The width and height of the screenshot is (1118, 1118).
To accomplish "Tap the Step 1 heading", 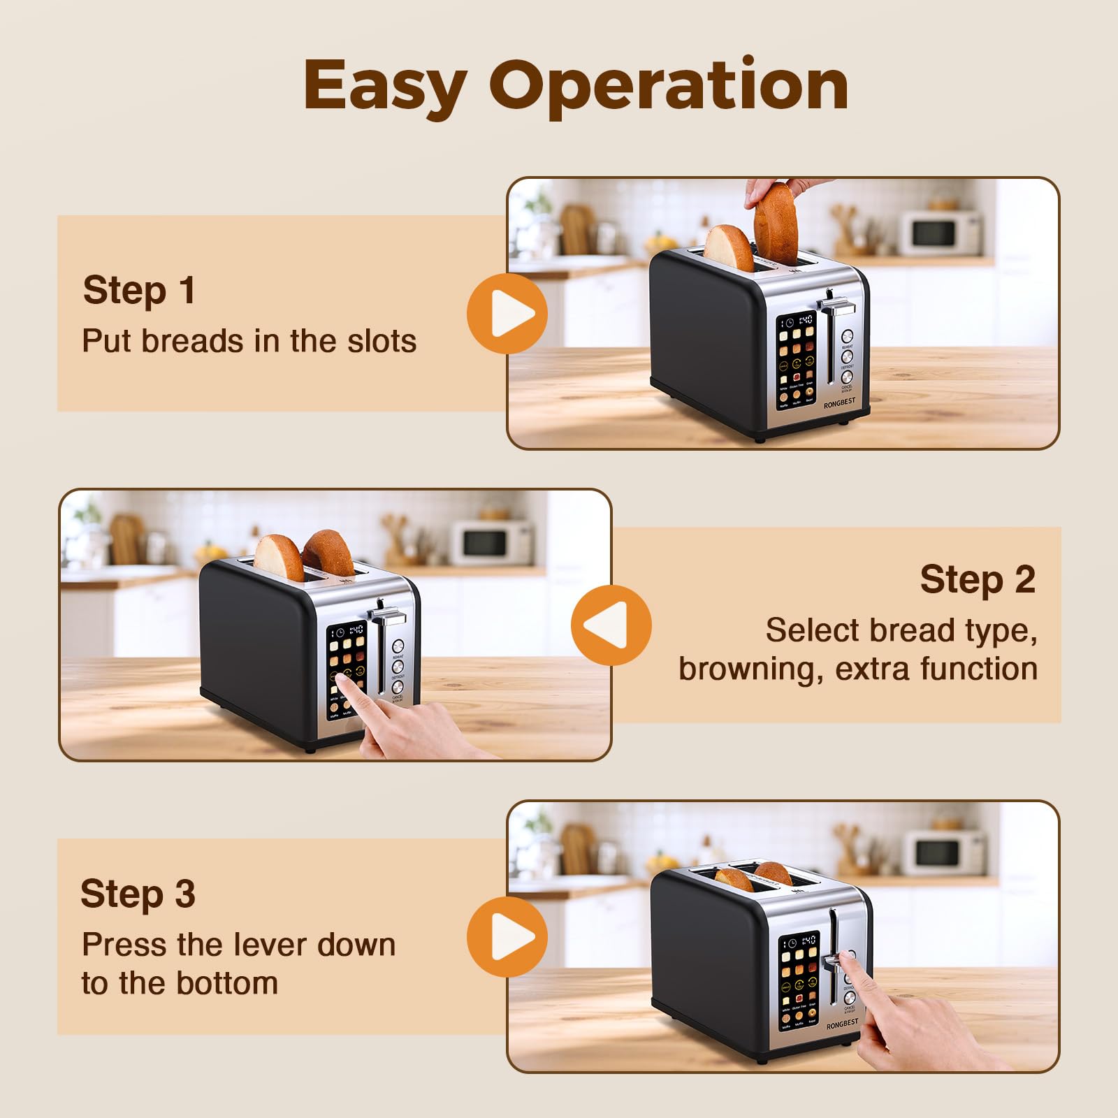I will (x=139, y=290).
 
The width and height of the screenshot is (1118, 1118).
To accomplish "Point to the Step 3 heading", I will (x=138, y=894).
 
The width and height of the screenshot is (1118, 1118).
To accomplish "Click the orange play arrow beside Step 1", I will (x=508, y=314).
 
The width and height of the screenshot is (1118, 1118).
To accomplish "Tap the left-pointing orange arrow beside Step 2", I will (x=610, y=625).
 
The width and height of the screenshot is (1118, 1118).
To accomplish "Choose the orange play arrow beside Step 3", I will (x=508, y=937).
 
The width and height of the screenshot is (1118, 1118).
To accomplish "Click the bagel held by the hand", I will (x=776, y=222).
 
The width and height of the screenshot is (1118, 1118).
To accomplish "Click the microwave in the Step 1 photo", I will (x=940, y=233).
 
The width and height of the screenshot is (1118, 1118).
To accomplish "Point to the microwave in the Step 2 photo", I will (x=491, y=542).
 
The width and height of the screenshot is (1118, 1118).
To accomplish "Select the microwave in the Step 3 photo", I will (x=943, y=852).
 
